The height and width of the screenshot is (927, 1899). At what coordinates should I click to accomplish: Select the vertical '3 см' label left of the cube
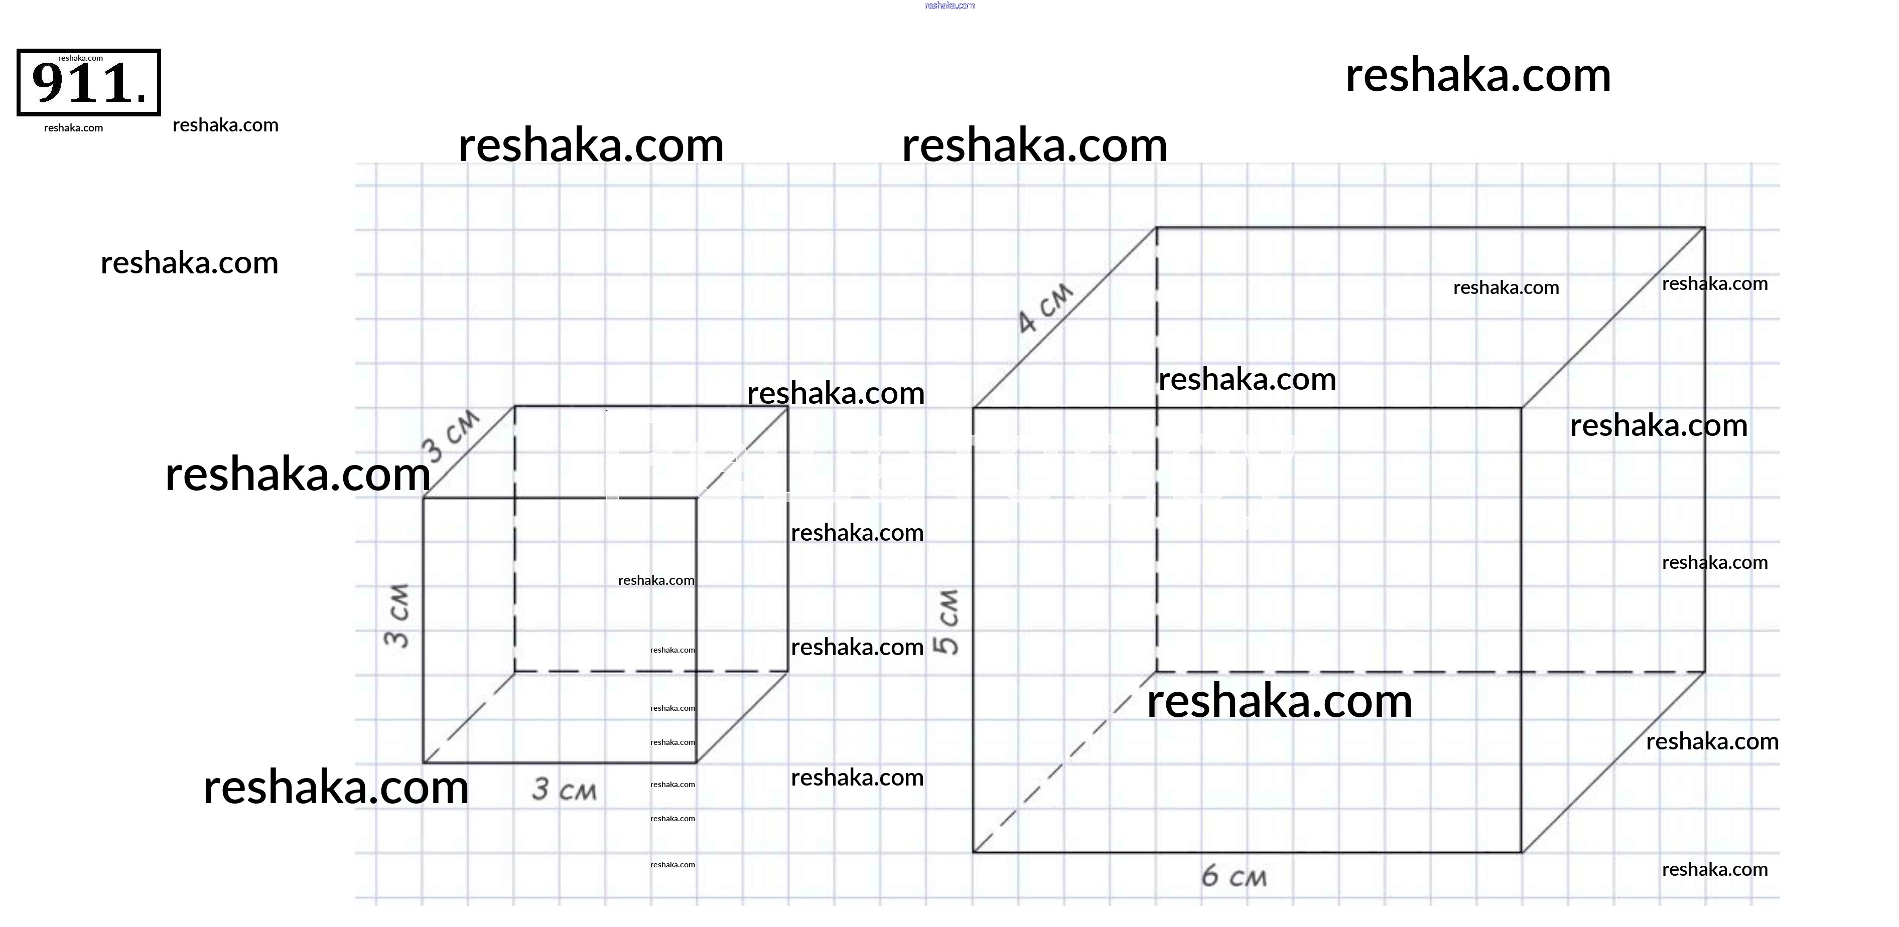[x=397, y=615]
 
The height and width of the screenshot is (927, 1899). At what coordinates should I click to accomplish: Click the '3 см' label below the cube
[x=564, y=790]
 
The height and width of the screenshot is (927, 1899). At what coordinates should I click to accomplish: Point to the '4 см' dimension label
[x=1045, y=308]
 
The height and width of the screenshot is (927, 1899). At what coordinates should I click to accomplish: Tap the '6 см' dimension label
[x=1234, y=876]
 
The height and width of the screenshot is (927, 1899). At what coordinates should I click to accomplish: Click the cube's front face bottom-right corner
[x=697, y=762]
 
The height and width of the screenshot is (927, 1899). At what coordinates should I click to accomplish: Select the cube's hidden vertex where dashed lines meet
[x=514, y=671]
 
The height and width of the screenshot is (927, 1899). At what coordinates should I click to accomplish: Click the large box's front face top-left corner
[x=973, y=407]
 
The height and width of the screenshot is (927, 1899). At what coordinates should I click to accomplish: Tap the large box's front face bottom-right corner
[x=1522, y=853]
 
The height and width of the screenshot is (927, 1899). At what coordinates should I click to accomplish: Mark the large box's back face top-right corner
[x=1704, y=228]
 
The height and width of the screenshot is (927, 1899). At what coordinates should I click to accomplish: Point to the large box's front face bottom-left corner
[x=973, y=853]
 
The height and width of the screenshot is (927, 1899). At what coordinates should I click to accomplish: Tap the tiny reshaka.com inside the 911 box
[x=80, y=58]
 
